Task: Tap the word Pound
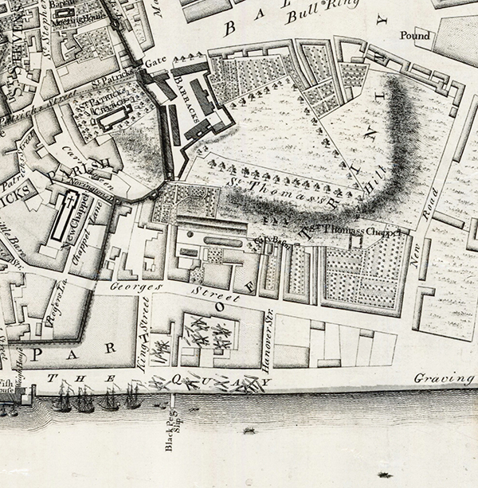point(414,36)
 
